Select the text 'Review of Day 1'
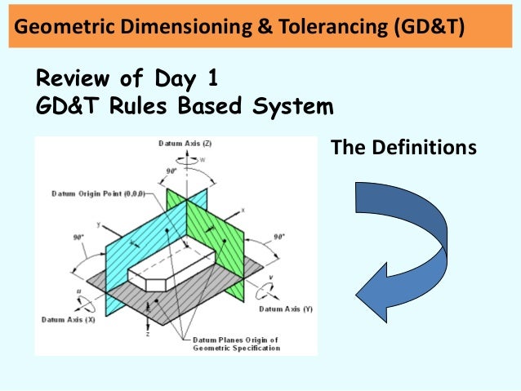coord(127,80)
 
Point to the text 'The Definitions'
coord(403,148)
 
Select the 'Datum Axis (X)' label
coord(68,319)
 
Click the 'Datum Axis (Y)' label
coord(285,309)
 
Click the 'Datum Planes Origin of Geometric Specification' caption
coord(236,343)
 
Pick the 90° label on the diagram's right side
coord(278,236)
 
